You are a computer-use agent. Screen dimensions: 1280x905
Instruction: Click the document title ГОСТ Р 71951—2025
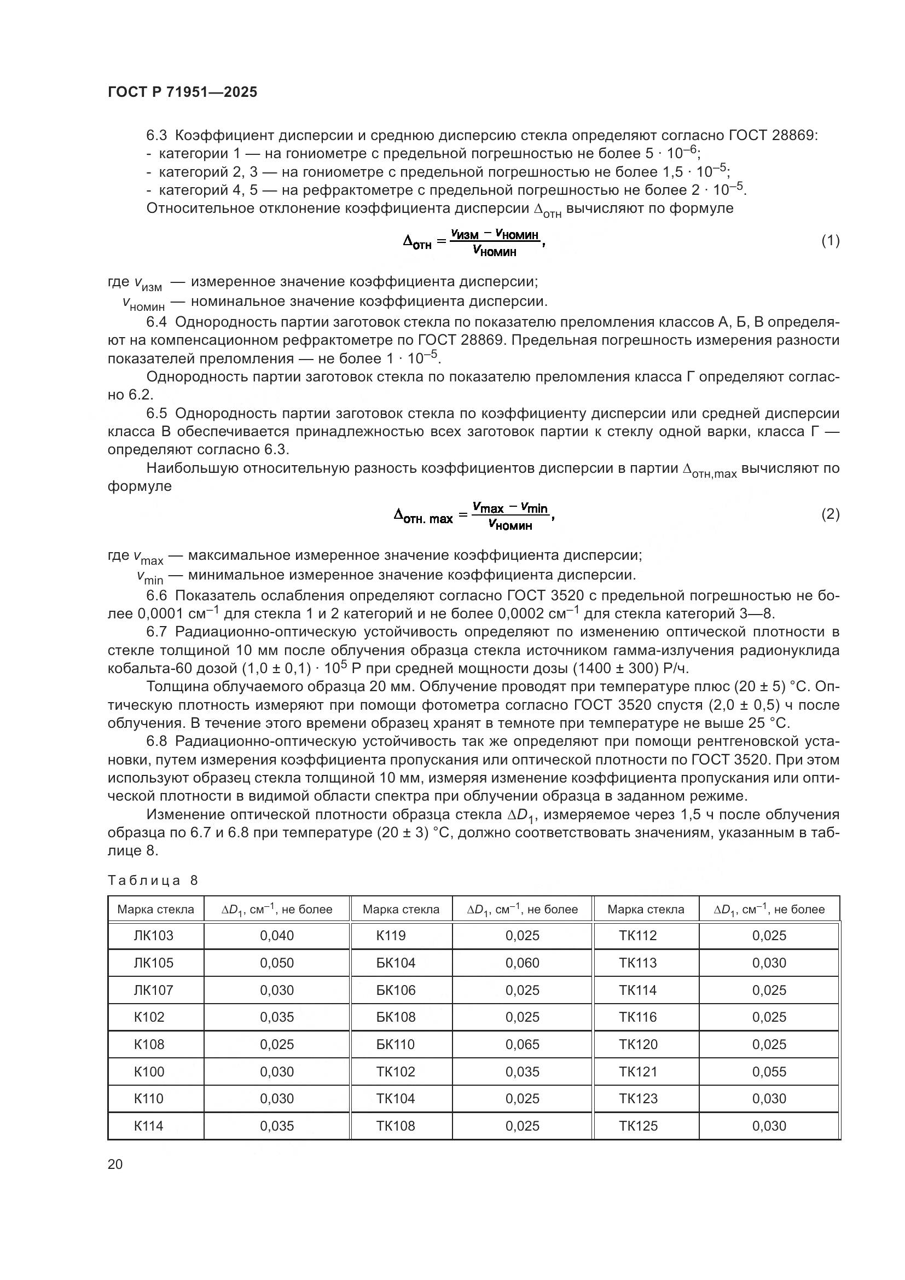coord(182,92)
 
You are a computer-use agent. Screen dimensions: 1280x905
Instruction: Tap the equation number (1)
coord(831,241)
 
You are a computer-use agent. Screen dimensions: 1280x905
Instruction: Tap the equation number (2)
coord(831,514)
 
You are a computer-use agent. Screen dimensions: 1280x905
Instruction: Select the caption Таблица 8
coord(153,881)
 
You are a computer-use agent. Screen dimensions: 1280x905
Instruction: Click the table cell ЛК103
coord(153,935)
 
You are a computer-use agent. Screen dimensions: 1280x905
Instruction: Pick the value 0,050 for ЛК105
coord(276,962)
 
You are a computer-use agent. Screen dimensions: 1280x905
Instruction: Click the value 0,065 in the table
coord(522,1044)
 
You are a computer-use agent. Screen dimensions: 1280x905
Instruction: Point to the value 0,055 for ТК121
coord(769,1072)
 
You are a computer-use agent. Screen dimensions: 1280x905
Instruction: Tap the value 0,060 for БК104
coord(522,962)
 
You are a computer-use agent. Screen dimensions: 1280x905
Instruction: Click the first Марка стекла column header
coord(155,910)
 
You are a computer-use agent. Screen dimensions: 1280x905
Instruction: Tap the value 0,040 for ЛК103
coord(276,935)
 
